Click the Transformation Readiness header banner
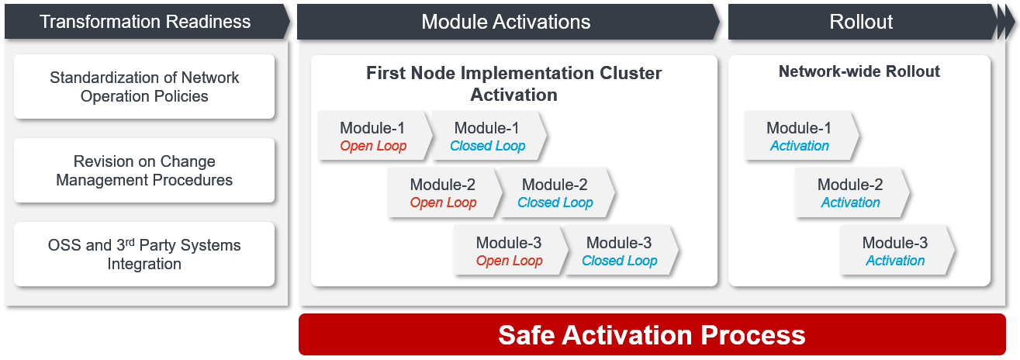(x=147, y=22)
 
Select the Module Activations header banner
(x=508, y=22)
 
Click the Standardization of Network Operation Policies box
(x=144, y=87)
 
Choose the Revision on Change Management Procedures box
(x=144, y=171)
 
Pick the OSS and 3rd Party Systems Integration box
(x=144, y=254)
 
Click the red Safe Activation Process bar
(x=652, y=334)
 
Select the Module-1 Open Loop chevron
(x=375, y=136)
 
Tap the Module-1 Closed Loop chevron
(x=489, y=136)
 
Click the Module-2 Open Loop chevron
(x=444, y=192)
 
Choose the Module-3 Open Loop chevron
(x=510, y=250)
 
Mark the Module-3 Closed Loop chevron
(x=621, y=250)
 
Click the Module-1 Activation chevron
(x=801, y=136)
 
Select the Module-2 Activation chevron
(x=852, y=192)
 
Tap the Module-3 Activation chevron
(x=897, y=250)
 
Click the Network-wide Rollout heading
(x=859, y=71)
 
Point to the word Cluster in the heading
(x=631, y=73)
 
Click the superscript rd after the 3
(x=130, y=241)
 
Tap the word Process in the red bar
(x=753, y=335)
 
